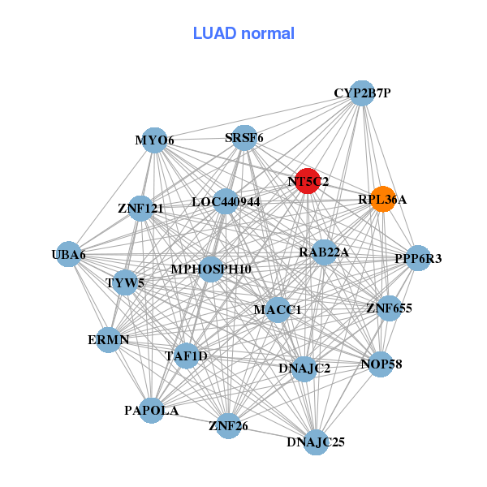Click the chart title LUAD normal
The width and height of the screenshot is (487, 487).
(243, 33)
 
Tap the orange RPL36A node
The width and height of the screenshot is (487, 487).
(383, 199)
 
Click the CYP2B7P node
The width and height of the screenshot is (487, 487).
(362, 93)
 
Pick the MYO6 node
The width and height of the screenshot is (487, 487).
(155, 140)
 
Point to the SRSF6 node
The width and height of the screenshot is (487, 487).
(244, 138)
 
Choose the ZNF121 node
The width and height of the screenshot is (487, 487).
(141, 209)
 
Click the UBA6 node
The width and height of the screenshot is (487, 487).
(69, 255)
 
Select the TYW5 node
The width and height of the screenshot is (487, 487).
(125, 283)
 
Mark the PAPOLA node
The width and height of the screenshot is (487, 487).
(152, 410)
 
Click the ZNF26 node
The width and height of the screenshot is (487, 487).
(228, 425)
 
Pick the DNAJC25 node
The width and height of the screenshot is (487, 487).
(316, 442)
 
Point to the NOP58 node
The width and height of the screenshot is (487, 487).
(381, 364)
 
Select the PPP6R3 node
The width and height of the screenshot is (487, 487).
(418, 259)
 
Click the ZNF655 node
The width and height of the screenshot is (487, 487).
(390, 308)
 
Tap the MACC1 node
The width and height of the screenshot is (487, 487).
(278, 309)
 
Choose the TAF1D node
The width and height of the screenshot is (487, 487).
(187, 356)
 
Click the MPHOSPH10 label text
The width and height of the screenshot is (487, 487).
(211, 269)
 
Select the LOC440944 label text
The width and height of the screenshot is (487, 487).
(226, 201)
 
